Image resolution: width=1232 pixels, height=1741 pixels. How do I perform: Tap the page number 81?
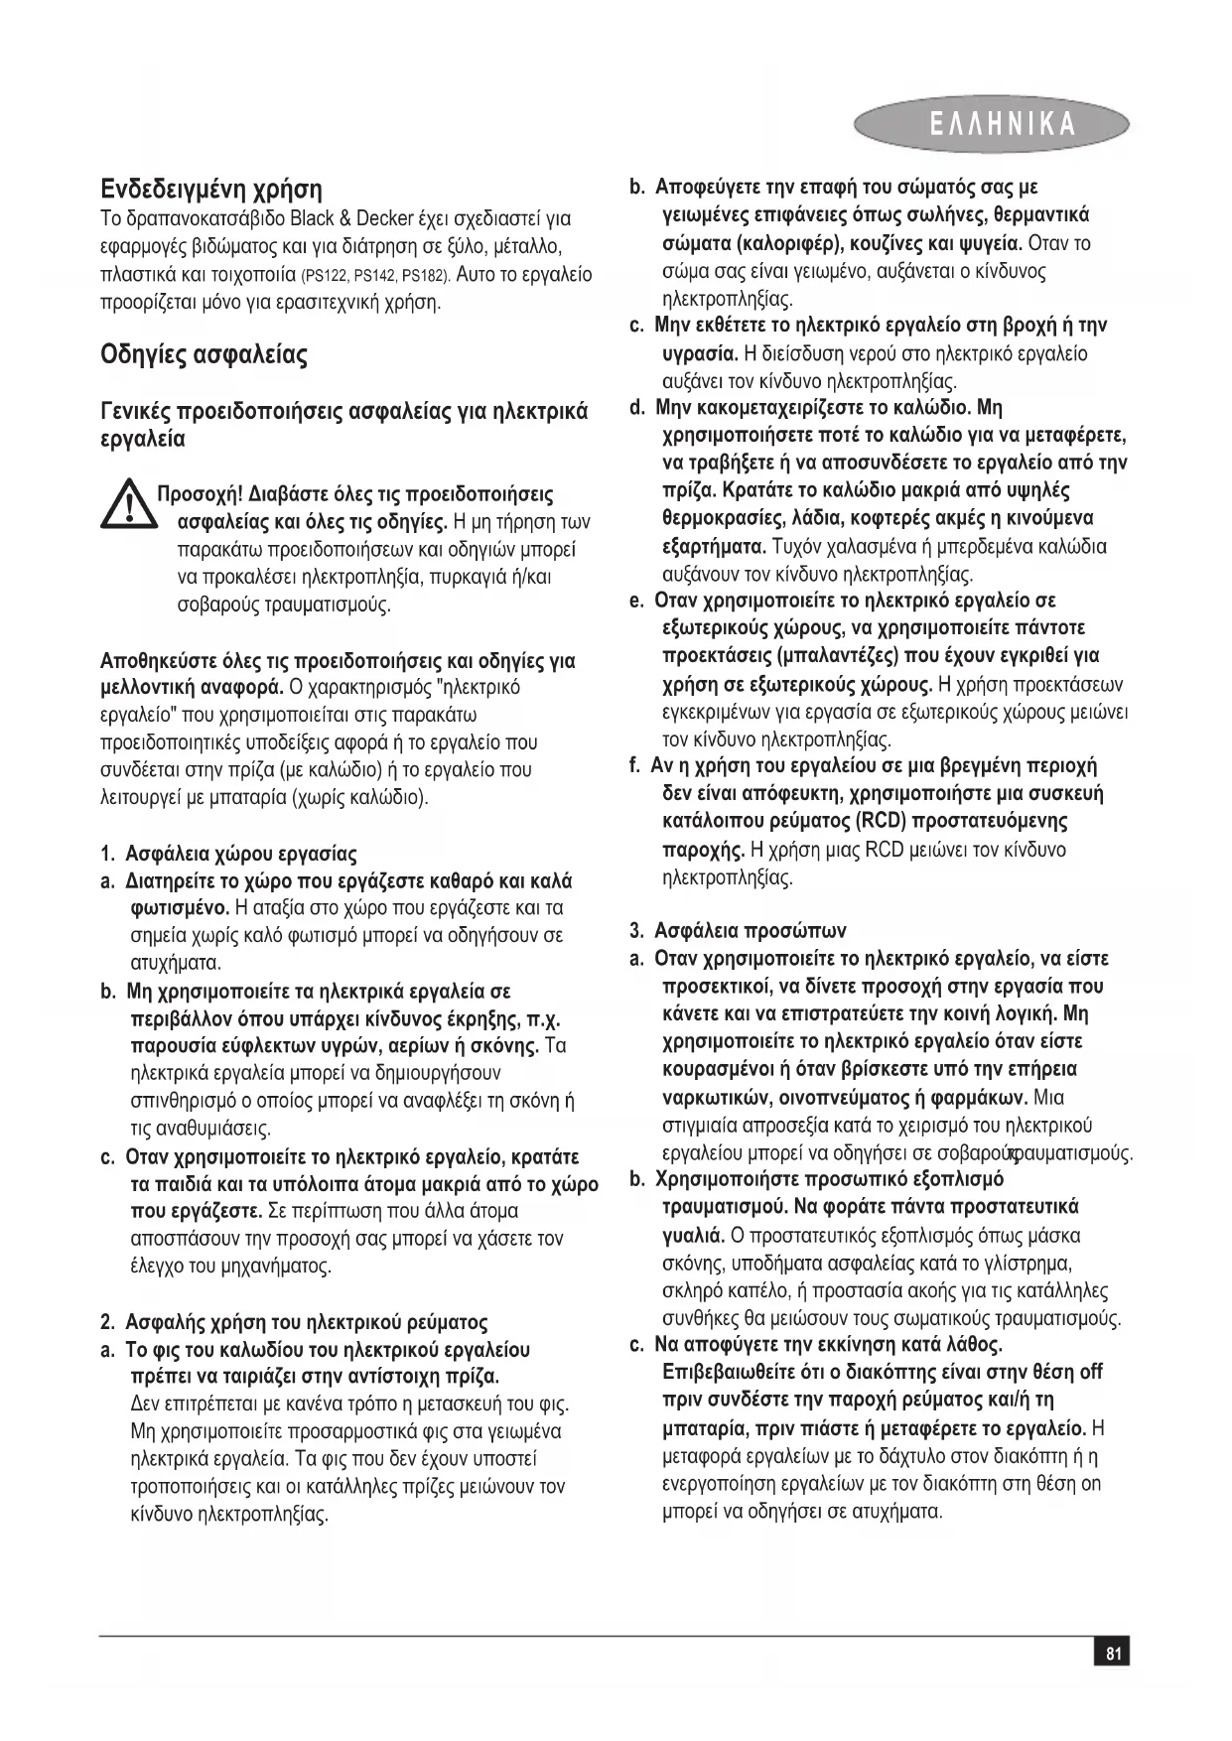point(1113,1653)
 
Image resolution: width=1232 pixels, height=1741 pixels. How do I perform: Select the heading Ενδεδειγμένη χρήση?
point(211,189)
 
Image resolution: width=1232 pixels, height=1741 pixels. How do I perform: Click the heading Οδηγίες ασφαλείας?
point(204,354)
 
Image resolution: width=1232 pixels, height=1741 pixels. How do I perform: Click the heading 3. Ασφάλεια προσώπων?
point(738,930)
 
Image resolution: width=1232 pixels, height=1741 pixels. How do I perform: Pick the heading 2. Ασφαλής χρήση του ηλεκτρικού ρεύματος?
point(294,1321)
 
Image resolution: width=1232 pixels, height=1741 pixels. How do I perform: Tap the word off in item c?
point(1091,1372)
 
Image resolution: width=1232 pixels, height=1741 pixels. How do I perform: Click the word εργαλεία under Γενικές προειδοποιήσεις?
point(143,438)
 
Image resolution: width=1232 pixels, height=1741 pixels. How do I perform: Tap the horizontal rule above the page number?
point(616,1635)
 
